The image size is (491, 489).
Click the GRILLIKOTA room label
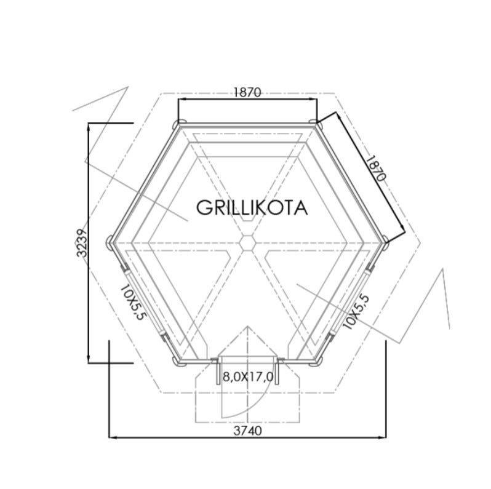coord(252,208)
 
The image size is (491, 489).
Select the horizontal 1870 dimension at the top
coord(247,92)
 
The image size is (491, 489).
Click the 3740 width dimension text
coord(248,431)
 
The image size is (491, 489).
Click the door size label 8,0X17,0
coord(248,376)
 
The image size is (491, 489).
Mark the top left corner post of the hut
coord(178,122)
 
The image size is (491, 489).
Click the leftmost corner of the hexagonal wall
coord(111,241)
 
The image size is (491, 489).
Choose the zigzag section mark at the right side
coord(431,301)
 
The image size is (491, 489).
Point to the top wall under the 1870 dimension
coord(246,125)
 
